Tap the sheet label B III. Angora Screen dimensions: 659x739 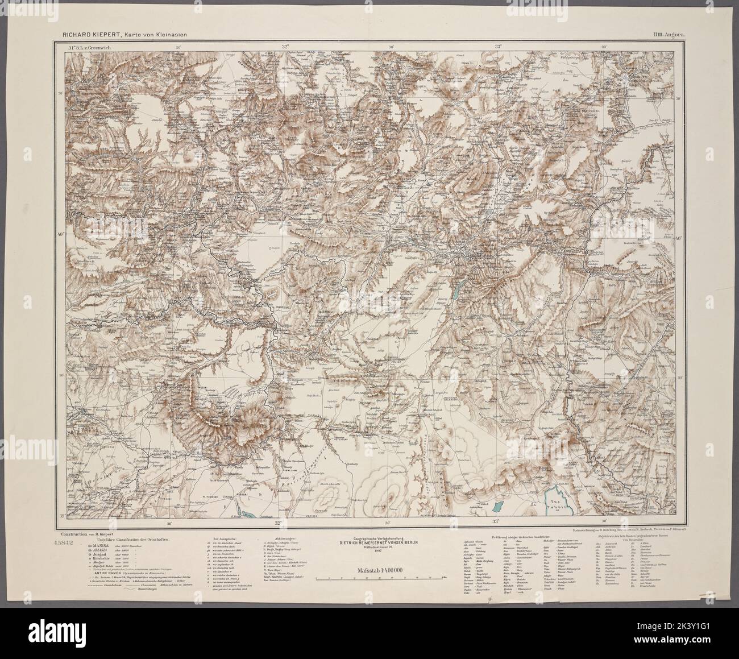[669, 34]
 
